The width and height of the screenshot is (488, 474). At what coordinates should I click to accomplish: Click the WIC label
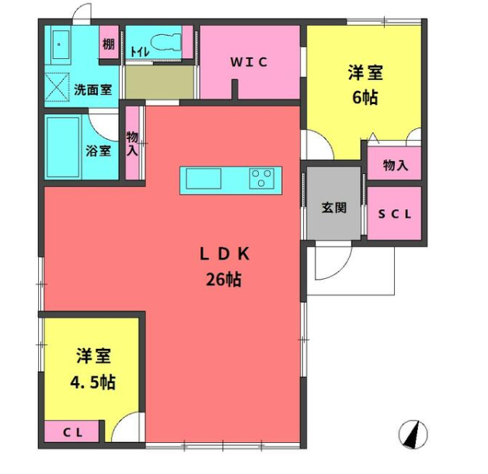249,62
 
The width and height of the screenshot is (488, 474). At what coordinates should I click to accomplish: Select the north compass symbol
413,434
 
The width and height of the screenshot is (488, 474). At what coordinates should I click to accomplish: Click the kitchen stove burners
262,179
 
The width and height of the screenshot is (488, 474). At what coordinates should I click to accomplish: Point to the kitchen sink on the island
204,179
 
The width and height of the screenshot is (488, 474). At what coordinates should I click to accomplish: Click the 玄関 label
334,207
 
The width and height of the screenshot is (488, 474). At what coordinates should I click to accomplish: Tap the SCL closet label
395,214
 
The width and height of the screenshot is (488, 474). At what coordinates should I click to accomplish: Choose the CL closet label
73,432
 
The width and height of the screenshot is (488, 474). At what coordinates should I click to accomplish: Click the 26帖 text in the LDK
224,279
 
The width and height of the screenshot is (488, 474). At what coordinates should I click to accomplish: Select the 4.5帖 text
93,382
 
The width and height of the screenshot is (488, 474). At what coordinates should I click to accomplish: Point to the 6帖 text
365,97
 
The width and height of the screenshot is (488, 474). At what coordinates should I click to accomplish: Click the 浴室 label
99,151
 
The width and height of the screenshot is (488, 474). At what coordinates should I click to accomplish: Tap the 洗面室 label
93,90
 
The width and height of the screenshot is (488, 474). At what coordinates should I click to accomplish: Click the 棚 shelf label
109,44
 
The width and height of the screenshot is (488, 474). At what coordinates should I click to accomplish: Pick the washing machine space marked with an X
57,88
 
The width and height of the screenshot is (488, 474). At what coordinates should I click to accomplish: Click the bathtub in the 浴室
63,147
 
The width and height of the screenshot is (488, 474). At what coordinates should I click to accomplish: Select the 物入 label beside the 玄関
396,165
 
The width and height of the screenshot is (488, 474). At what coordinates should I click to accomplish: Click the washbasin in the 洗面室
61,45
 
